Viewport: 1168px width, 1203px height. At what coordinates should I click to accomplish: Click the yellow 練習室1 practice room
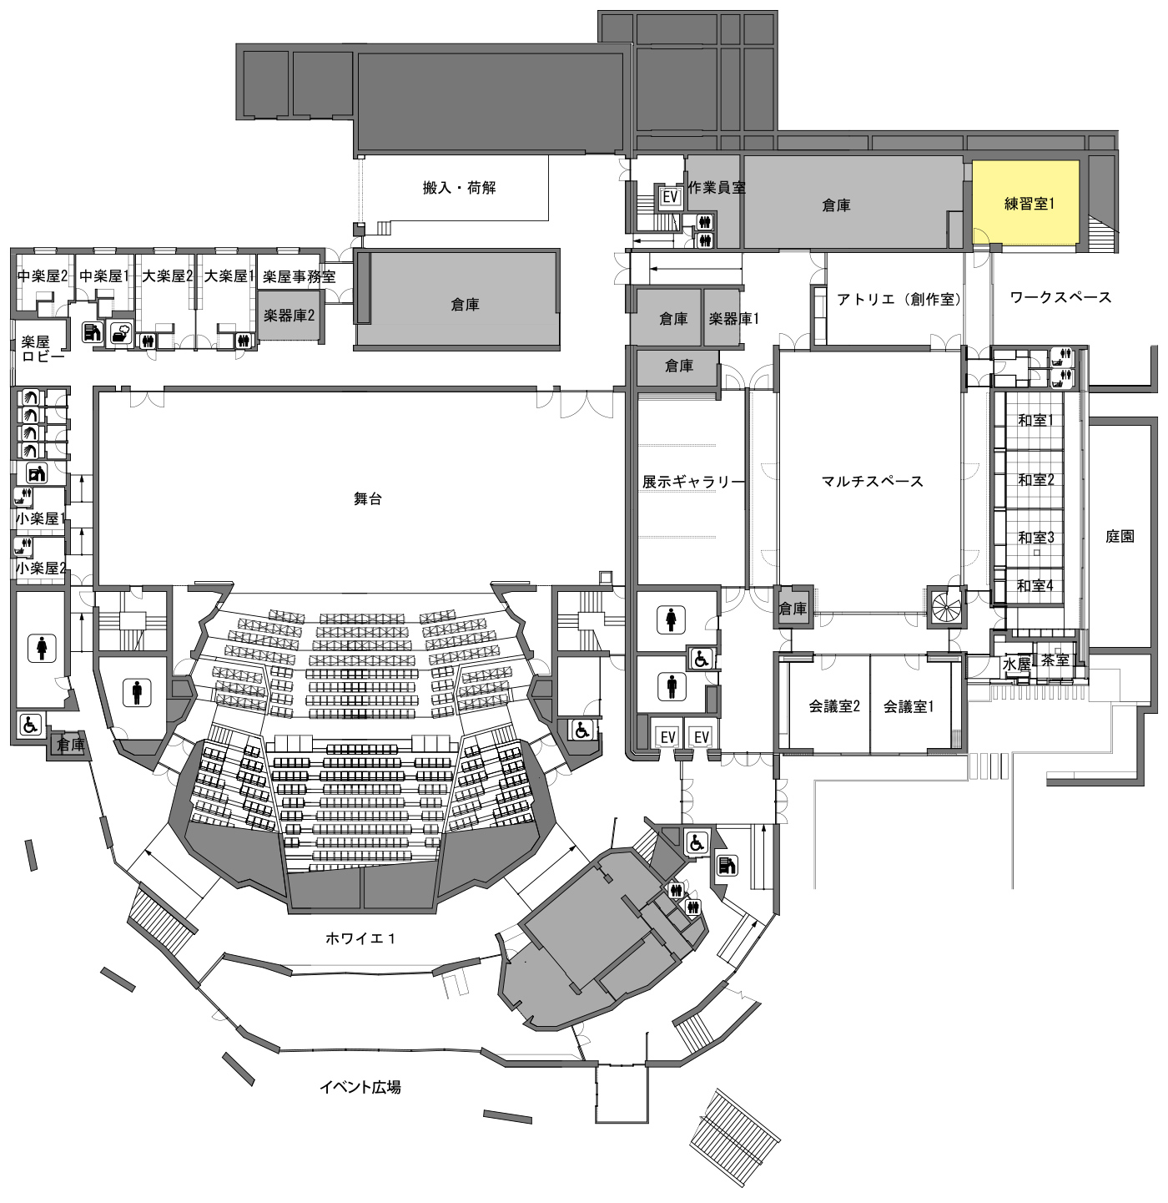tap(1025, 203)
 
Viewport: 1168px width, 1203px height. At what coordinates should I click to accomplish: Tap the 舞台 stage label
tap(368, 498)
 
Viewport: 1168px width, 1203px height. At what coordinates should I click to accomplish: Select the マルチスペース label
tap(872, 481)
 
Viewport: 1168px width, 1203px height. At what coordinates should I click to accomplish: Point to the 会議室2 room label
tap(833, 706)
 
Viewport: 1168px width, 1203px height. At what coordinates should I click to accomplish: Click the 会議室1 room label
tap(908, 706)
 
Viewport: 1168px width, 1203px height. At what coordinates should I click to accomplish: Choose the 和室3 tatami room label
tap(1036, 537)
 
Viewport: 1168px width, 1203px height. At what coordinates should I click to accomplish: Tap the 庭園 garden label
tap(1120, 536)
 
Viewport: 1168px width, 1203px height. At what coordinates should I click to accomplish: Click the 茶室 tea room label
tap(1055, 660)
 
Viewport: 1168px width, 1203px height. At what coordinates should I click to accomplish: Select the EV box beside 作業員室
tap(670, 197)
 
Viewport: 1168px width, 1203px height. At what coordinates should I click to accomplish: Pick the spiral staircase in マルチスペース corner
tap(945, 606)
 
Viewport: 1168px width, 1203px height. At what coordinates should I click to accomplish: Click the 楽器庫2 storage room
tap(289, 316)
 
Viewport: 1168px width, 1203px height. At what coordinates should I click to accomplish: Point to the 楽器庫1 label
tap(733, 318)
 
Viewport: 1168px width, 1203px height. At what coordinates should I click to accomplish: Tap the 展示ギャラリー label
tap(693, 482)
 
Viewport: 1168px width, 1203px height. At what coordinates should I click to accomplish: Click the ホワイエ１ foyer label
tap(360, 938)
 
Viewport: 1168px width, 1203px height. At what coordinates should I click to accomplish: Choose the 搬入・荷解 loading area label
tap(459, 187)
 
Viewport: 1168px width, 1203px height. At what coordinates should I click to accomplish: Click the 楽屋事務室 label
tap(299, 276)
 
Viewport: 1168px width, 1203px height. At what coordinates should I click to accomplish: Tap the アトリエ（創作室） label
tap(899, 299)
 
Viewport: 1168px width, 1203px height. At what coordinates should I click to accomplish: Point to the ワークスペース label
tap(1060, 297)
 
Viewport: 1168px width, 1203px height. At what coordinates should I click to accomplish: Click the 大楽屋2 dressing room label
tap(168, 275)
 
